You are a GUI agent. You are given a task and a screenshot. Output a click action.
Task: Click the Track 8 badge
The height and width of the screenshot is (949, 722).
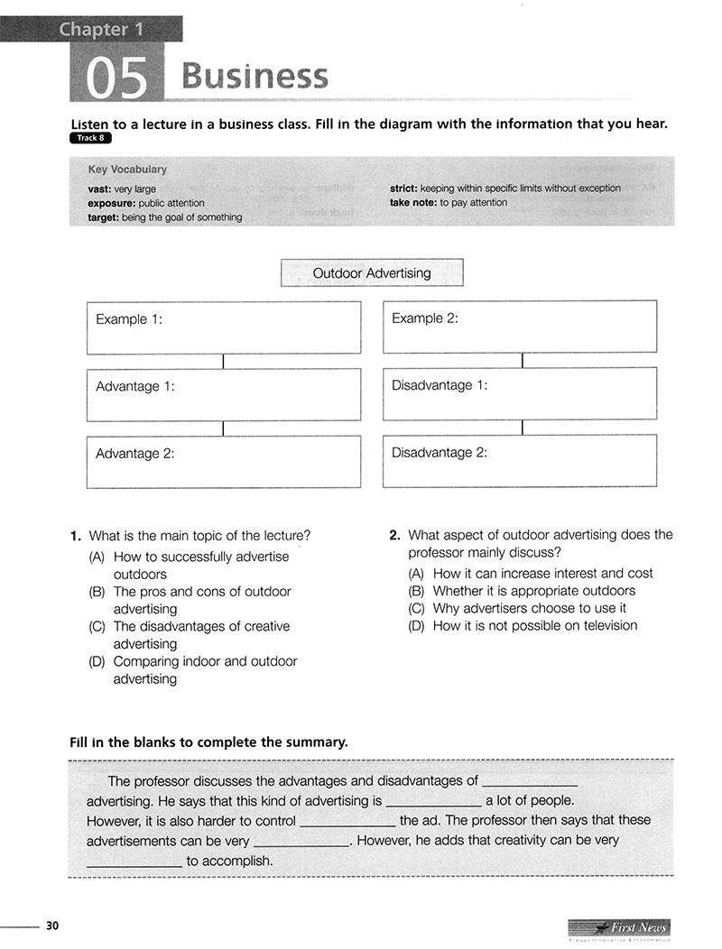pyautogui.click(x=90, y=138)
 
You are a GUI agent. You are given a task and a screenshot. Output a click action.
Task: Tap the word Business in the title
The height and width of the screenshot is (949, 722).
pyautogui.click(x=255, y=76)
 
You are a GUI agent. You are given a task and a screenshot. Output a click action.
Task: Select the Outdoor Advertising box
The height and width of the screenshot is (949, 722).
pyautogui.click(x=372, y=272)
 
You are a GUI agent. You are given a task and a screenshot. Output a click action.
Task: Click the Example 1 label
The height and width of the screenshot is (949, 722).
pyautogui.click(x=129, y=319)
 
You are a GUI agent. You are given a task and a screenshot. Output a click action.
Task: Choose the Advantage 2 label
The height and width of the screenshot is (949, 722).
pyautogui.click(x=134, y=454)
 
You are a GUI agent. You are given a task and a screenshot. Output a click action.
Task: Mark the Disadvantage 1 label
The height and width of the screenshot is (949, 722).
pyautogui.click(x=439, y=385)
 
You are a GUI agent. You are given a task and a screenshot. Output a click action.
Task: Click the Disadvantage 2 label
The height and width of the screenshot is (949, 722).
pyautogui.click(x=439, y=453)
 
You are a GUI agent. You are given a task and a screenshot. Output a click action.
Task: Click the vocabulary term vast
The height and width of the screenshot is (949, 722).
pyautogui.click(x=99, y=189)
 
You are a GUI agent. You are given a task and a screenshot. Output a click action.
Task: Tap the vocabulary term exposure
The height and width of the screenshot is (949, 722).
pyautogui.click(x=111, y=203)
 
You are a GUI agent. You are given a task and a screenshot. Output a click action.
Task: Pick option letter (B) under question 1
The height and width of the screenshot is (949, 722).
pyautogui.click(x=97, y=592)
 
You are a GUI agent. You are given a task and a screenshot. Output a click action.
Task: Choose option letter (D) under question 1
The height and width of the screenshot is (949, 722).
pyautogui.click(x=97, y=661)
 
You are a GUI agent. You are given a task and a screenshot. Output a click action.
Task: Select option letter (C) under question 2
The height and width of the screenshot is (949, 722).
pyautogui.click(x=416, y=608)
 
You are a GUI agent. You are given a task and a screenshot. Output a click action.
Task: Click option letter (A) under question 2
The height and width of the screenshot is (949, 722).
pyautogui.click(x=416, y=574)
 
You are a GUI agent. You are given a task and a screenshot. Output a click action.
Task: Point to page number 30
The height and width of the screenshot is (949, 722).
pyautogui.click(x=52, y=926)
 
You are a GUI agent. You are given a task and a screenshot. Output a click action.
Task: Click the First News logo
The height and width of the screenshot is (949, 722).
pyautogui.click(x=619, y=928)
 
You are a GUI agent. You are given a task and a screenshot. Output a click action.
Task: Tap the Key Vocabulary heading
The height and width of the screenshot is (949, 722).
pyautogui.click(x=127, y=170)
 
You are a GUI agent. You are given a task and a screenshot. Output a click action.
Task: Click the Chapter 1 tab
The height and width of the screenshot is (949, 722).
pyautogui.click(x=101, y=30)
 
